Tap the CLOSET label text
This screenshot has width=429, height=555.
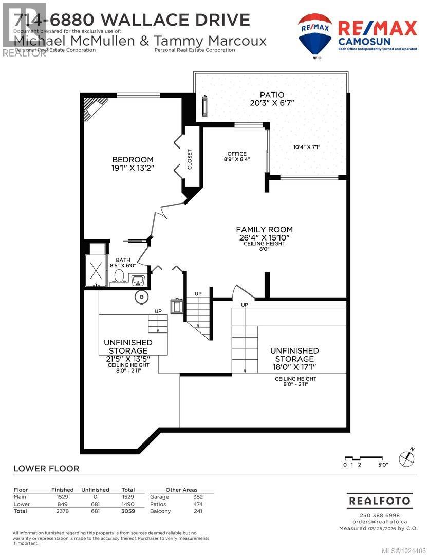189,159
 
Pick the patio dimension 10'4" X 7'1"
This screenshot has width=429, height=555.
307,147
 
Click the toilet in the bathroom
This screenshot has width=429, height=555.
119,276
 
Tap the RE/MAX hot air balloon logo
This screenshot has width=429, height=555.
314,35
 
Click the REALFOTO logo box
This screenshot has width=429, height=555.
379,500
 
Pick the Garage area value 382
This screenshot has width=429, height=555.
198,497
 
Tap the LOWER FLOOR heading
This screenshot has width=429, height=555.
46,468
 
